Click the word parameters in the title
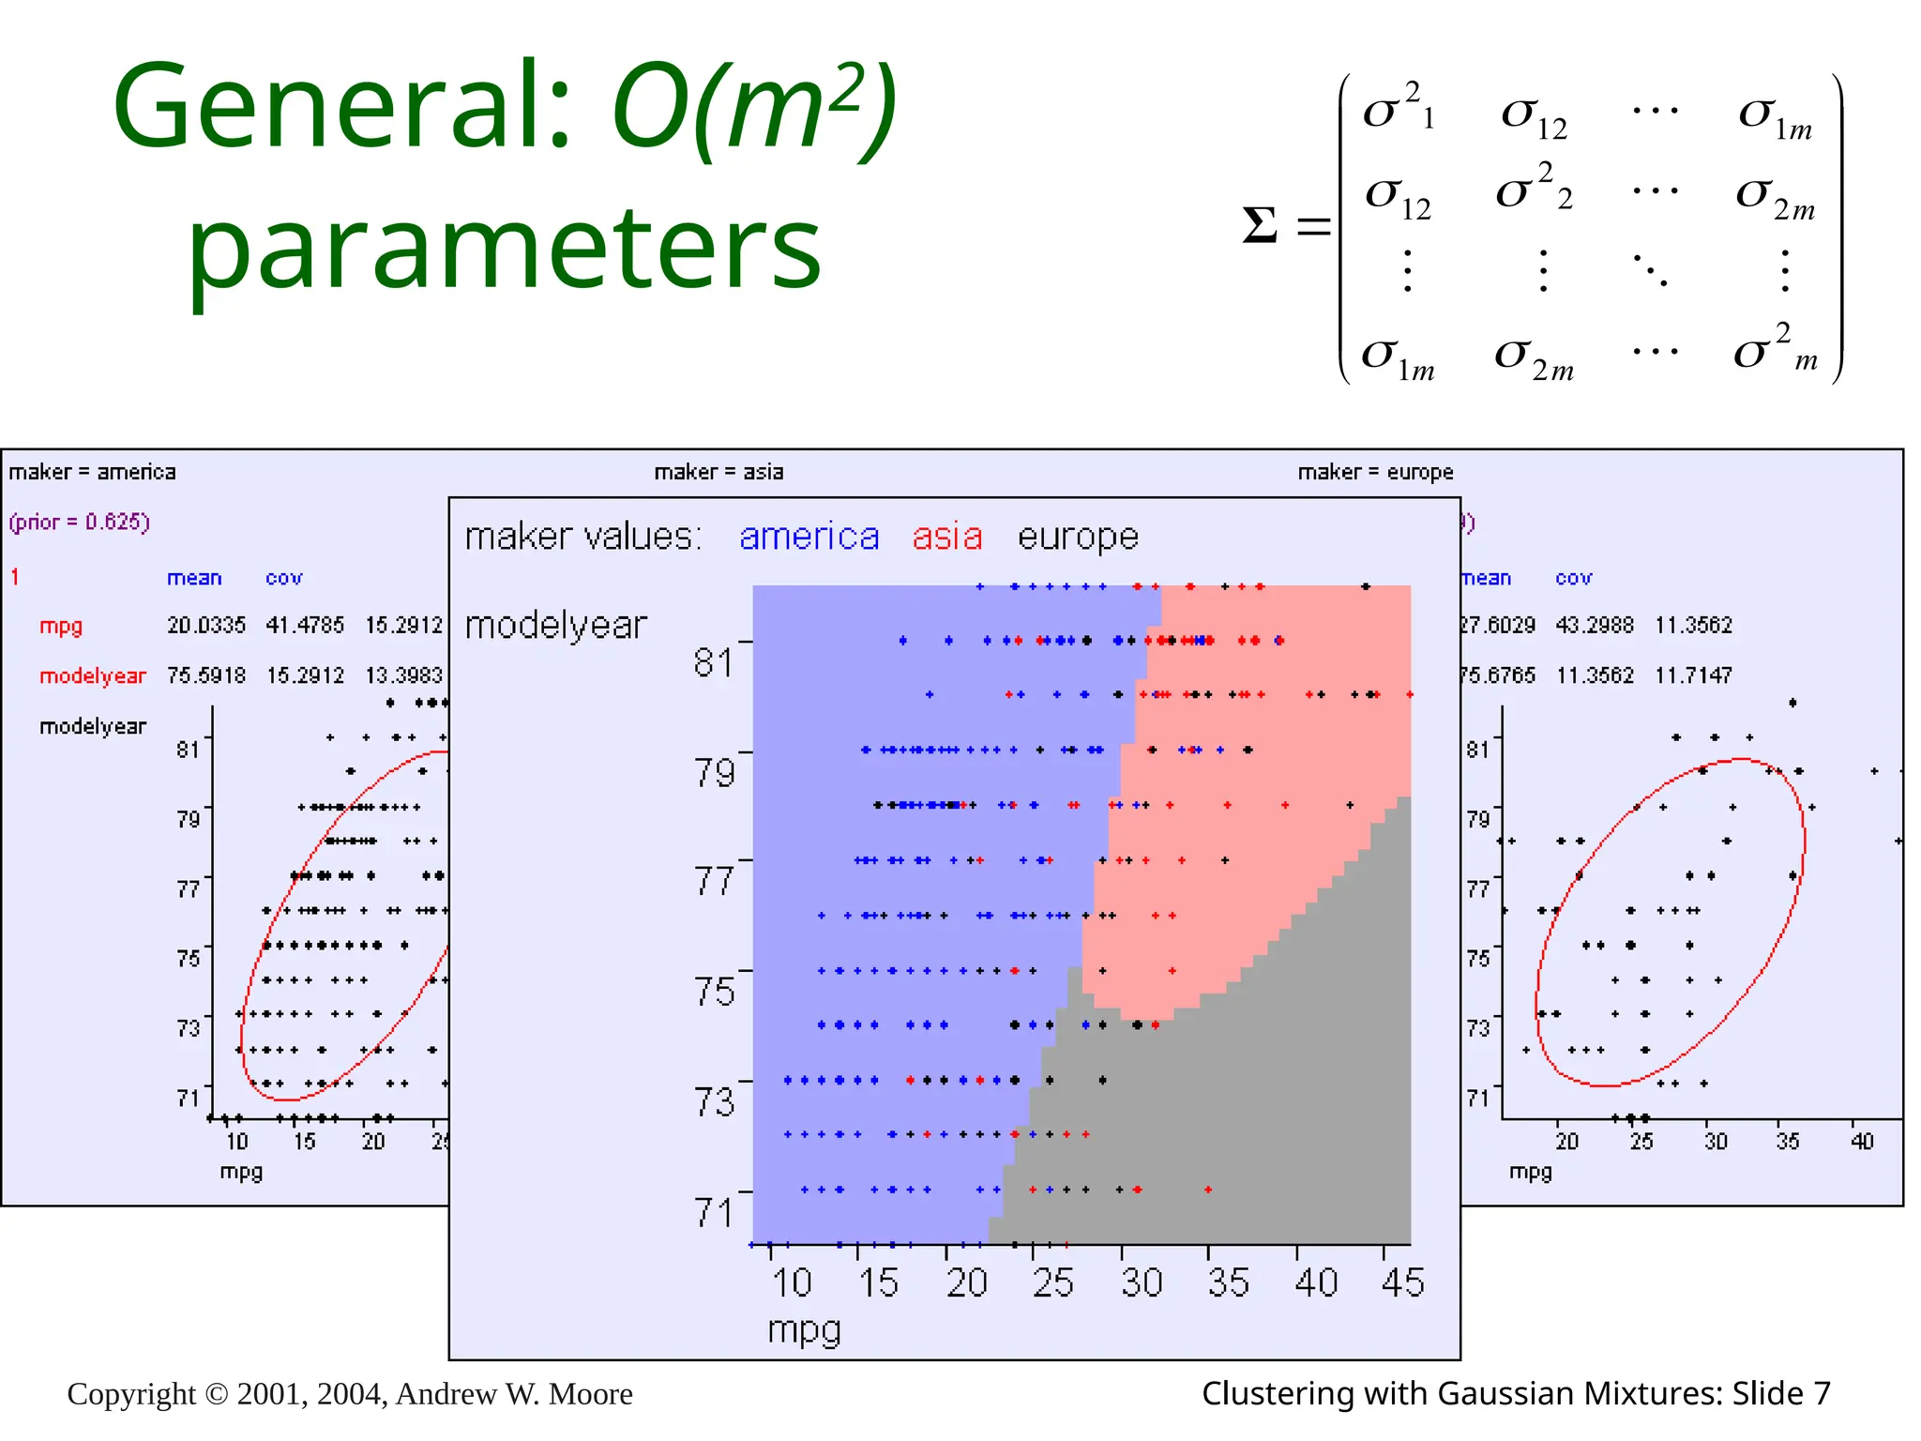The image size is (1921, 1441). [x=505, y=250]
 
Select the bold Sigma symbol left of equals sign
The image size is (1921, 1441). [x=1260, y=225]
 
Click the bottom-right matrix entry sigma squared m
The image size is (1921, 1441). [x=1776, y=350]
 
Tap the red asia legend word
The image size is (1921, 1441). [x=946, y=537]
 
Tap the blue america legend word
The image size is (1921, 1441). [x=809, y=537]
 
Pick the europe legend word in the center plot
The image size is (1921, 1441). [x=1078, y=537]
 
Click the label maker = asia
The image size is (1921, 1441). [x=718, y=472]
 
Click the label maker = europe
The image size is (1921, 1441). [x=1375, y=472]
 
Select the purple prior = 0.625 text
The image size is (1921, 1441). [x=80, y=522]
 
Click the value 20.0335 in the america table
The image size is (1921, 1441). [x=206, y=625]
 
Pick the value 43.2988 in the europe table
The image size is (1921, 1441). [x=1595, y=625]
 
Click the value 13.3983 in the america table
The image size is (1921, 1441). [x=403, y=675]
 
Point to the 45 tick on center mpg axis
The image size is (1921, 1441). [x=1402, y=1282]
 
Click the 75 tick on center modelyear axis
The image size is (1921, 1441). [x=715, y=991]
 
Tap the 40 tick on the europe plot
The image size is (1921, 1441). [x=1862, y=1142]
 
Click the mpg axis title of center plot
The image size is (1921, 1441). [x=804, y=1330]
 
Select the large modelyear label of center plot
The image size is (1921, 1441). [x=556, y=626]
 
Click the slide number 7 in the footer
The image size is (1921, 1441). [x=1821, y=1394]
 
